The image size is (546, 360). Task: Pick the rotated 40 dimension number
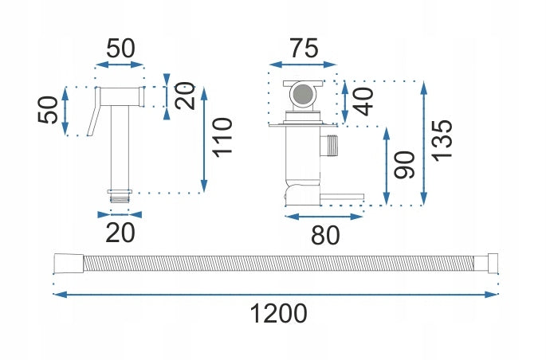(x=363, y=103)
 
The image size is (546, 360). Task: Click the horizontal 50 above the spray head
(x=120, y=47)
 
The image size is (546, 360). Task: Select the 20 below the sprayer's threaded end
(x=120, y=233)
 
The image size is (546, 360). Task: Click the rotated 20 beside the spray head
(x=185, y=96)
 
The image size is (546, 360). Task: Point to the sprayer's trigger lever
(x=96, y=112)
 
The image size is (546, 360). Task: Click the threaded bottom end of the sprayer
(x=120, y=194)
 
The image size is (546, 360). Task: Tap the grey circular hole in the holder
(x=302, y=97)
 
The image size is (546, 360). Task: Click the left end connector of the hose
(x=62, y=263)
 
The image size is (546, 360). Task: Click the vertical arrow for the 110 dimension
(x=205, y=139)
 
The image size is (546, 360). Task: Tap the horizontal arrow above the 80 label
(x=324, y=215)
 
